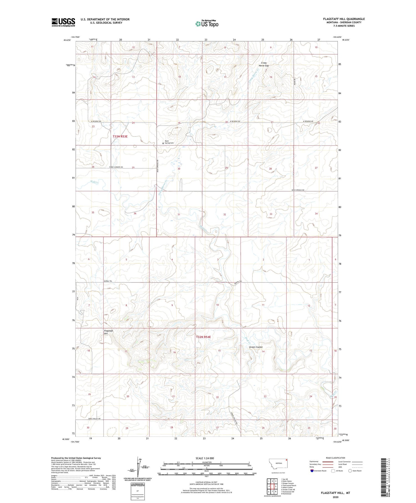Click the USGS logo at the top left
(63, 22)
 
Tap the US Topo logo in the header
(207, 24)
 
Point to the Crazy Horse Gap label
(263, 64)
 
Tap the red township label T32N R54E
(204, 337)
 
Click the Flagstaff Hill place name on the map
(108, 332)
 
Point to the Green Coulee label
(256, 347)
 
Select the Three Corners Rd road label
(116, 167)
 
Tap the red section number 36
(135, 213)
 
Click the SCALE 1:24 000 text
(205, 458)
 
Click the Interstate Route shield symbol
(312, 471)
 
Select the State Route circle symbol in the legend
(350, 471)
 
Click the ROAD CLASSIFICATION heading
(335, 458)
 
